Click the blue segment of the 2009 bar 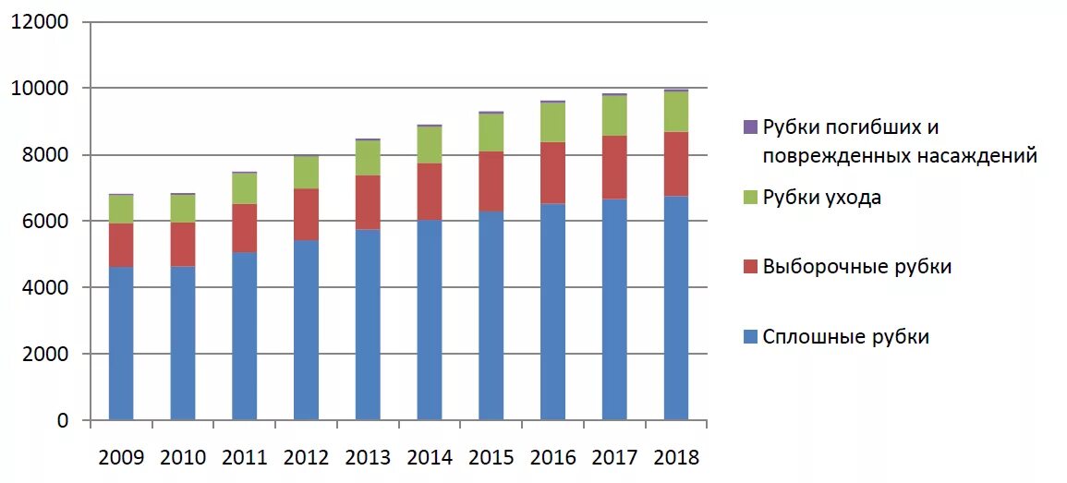pos(121,344)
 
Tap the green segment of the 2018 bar pos(676,112)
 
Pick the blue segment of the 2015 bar pos(491,316)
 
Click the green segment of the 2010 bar pos(183,209)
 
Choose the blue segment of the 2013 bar pos(368,325)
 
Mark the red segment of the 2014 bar pos(430,192)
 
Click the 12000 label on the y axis pos(40,22)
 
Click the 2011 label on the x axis pos(244,457)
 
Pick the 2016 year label pos(552,457)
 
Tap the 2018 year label pos(676,457)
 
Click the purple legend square pos(750,127)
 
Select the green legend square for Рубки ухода pos(750,198)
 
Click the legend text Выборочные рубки pos(856,267)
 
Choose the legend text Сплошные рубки pos(845,337)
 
